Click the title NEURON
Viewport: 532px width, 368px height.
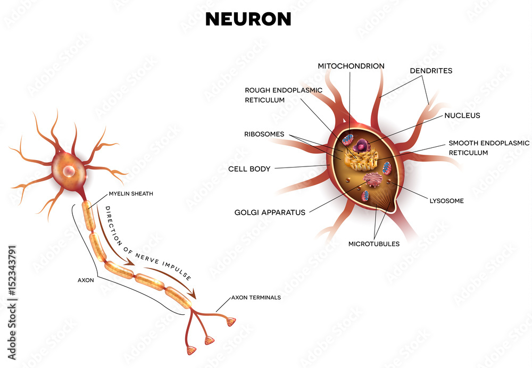pyautogui.click(x=248, y=19)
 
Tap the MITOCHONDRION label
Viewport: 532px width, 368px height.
pyautogui.click(x=351, y=66)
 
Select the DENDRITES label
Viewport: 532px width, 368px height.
pyautogui.click(x=431, y=70)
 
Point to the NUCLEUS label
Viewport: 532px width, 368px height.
pyautogui.click(x=462, y=115)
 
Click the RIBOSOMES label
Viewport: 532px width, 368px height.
pyautogui.click(x=264, y=134)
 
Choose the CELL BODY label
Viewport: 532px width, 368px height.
pyautogui.click(x=249, y=169)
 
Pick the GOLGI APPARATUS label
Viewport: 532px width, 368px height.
pyautogui.click(x=270, y=212)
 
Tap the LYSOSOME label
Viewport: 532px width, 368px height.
pyautogui.click(x=446, y=201)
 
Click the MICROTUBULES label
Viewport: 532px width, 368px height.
pyautogui.click(x=373, y=244)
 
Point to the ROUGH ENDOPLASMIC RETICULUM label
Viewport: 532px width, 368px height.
pyautogui.click(x=283, y=95)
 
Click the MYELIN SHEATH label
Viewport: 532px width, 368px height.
pyautogui.click(x=131, y=194)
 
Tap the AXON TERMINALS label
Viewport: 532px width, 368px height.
pyautogui.click(x=255, y=297)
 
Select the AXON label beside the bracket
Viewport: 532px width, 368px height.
pyautogui.click(x=86, y=279)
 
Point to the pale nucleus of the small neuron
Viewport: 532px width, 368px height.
pyautogui.click(x=69, y=171)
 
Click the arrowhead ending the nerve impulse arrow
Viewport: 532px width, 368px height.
pyautogui.click(x=194, y=293)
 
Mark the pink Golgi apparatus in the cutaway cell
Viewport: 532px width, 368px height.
pyautogui.click(x=372, y=179)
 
